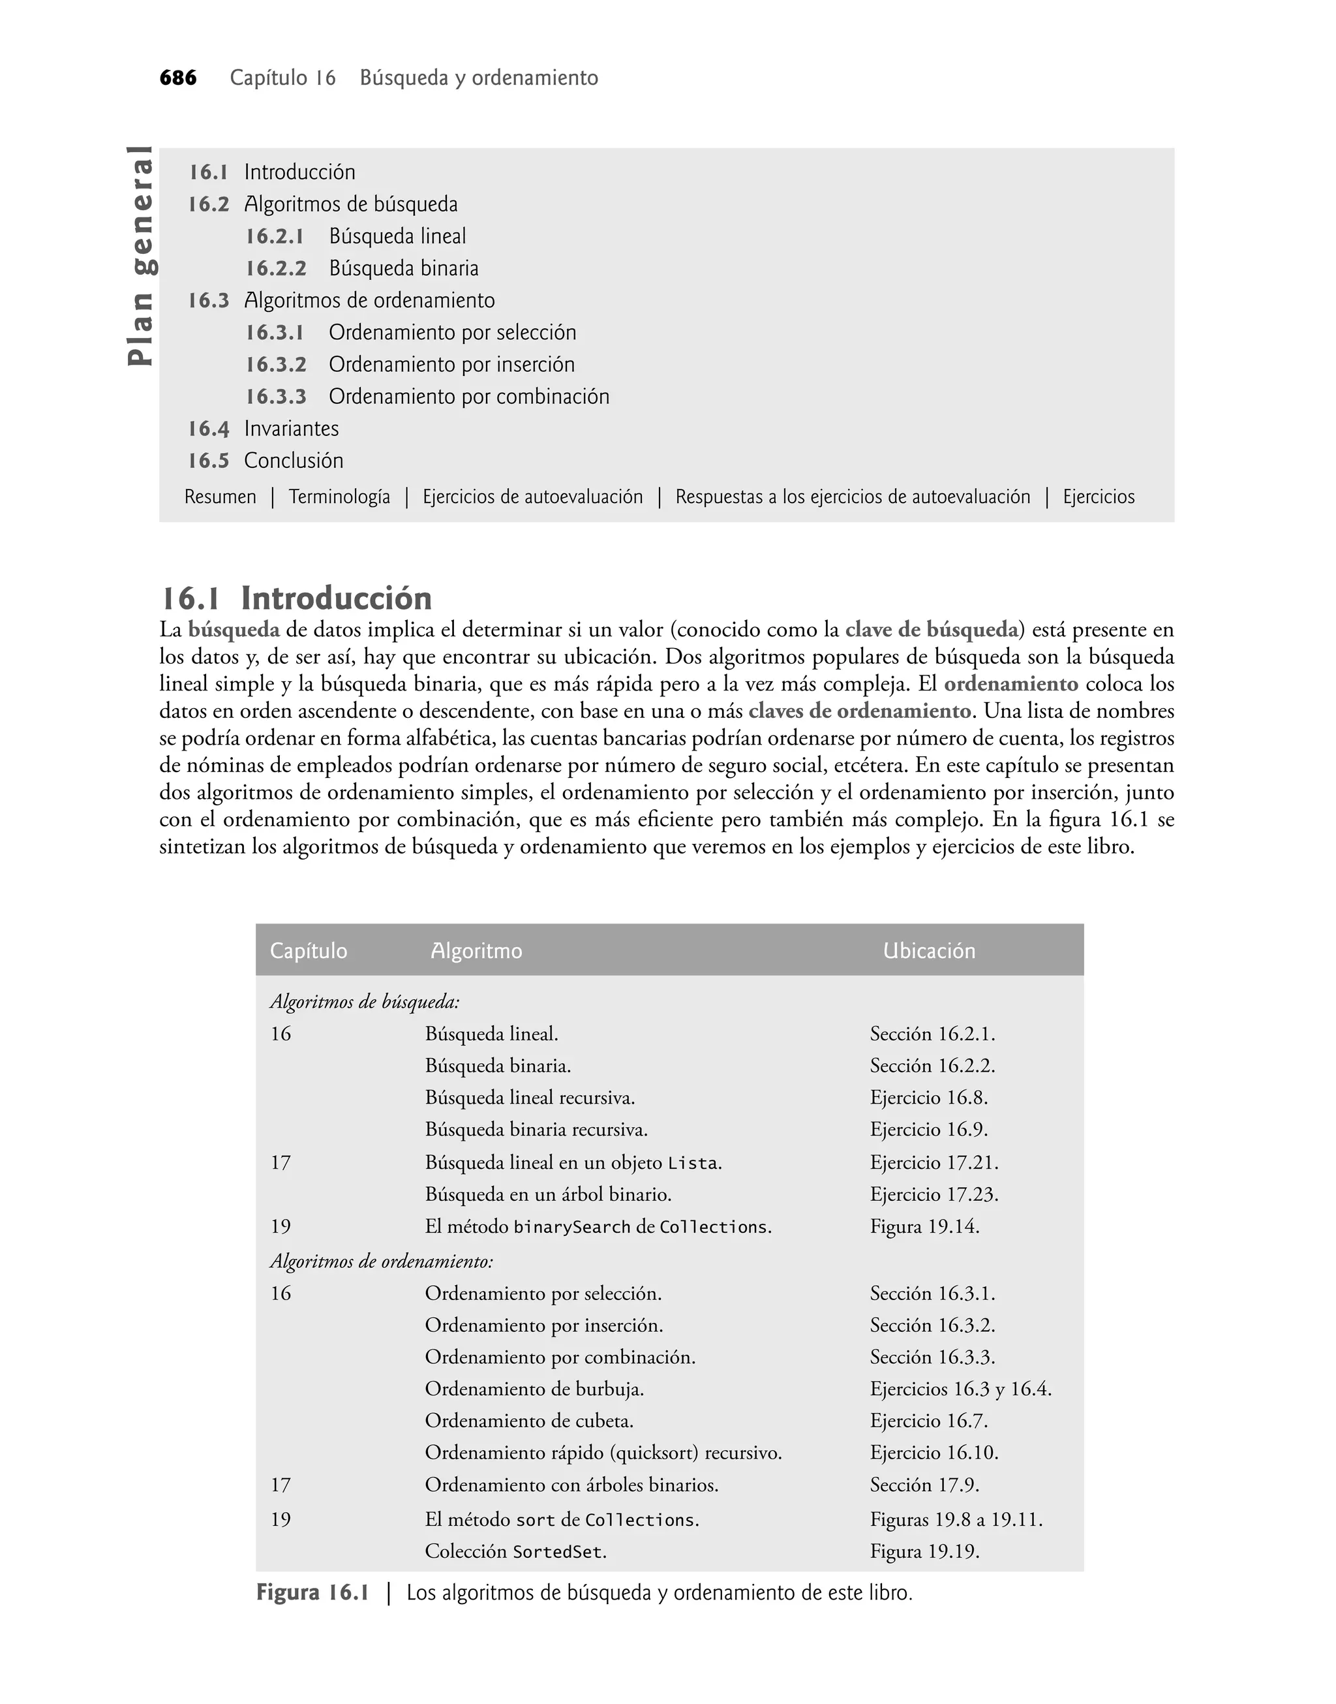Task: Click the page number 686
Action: (x=177, y=78)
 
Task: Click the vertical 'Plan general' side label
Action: (x=142, y=255)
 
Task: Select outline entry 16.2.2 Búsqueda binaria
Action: (x=361, y=268)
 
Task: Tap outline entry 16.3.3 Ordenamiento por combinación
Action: (x=427, y=397)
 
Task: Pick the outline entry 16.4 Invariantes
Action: (x=263, y=429)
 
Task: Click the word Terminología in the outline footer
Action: (x=339, y=497)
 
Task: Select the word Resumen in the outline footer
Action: (x=220, y=497)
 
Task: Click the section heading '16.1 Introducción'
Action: (x=296, y=598)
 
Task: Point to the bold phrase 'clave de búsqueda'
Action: (x=932, y=630)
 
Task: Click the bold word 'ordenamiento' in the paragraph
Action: (x=1010, y=684)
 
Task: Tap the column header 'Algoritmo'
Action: (x=476, y=951)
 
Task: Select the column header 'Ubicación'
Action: (x=928, y=951)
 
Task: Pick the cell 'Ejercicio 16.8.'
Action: (x=928, y=1098)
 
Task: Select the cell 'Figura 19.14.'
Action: (x=924, y=1226)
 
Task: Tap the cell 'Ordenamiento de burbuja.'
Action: (x=534, y=1389)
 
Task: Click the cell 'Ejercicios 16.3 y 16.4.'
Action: (x=960, y=1389)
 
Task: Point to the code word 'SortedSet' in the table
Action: (x=558, y=1552)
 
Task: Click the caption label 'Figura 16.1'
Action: (x=312, y=1593)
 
